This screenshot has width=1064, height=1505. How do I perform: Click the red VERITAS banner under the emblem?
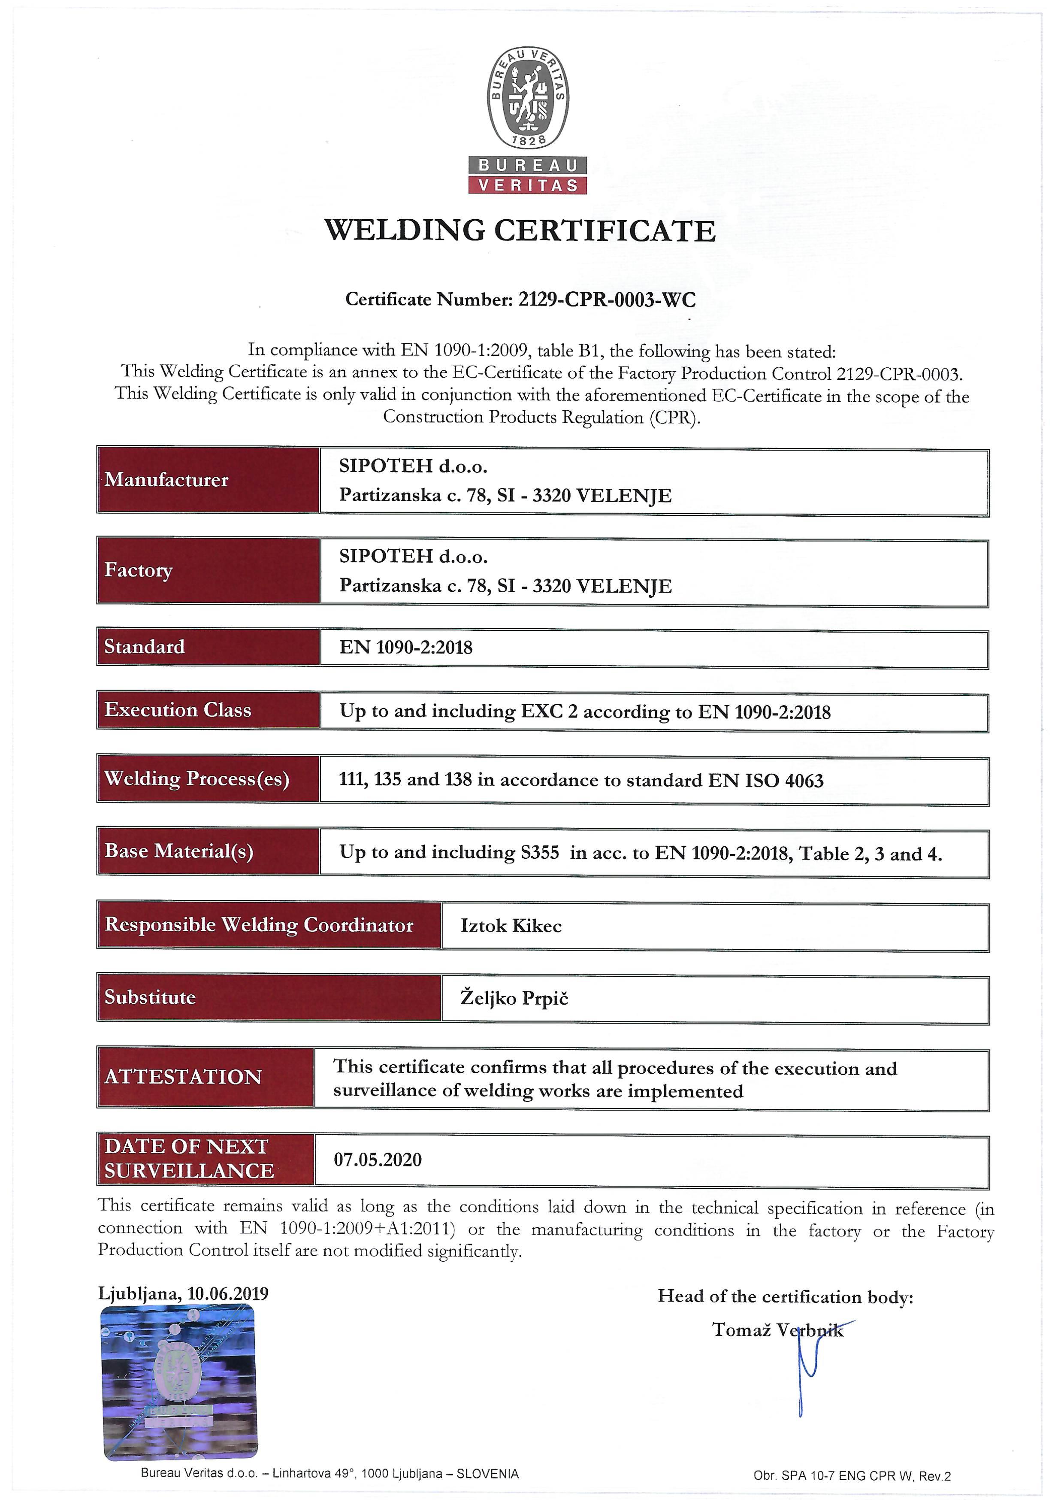click(x=527, y=185)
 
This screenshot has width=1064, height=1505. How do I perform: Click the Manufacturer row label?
click(x=166, y=480)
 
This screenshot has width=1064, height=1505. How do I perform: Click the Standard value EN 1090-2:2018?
click(x=405, y=648)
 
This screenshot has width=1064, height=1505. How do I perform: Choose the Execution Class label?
click(x=178, y=710)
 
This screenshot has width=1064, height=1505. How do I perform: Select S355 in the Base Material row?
click(x=540, y=853)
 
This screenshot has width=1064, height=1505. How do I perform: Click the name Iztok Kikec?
click(x=511, y=926)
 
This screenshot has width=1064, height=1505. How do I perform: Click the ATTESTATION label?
click(x=183, y=1077)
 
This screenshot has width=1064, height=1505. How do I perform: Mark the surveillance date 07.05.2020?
click(x=378, y=1160)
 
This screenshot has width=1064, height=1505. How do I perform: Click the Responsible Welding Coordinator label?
click(x=259, y=925)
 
